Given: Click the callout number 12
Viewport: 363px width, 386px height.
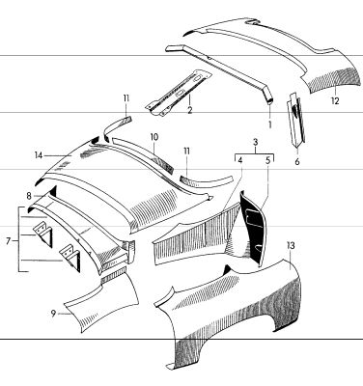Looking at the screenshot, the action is click(x=335, y=101).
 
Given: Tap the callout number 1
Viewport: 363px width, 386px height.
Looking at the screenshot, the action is click(x=269, y=124).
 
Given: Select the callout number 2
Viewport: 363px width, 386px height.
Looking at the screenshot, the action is click(x=190, y=110).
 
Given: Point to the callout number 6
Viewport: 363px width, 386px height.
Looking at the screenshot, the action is click(x=296, y=161).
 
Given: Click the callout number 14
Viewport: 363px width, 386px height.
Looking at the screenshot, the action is click(x=39, y=155).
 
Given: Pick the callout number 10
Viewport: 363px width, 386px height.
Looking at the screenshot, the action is click(x=154, y=137).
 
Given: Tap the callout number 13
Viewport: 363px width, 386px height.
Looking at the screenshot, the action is click(x=291, y=246).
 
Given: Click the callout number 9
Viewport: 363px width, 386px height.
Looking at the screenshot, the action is click(x=53, y=313).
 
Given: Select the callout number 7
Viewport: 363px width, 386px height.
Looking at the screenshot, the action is click(x=9, y=240).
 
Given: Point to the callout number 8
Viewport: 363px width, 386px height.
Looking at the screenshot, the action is click(x=29, y=196).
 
